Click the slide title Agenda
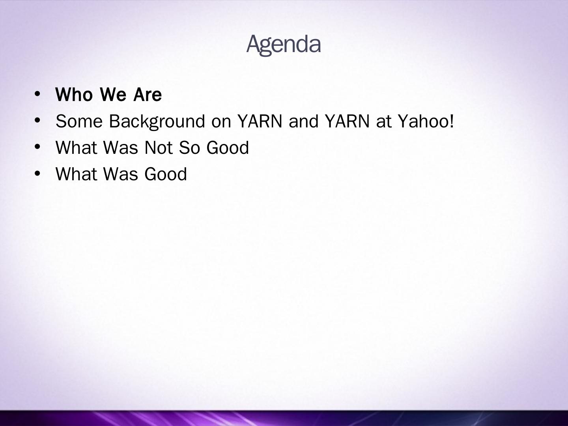point(284,45)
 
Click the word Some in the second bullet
point(79,121)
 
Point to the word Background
point(157,122)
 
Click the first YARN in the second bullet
point(260,121)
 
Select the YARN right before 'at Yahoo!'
point(347,121)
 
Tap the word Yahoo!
point(426,121)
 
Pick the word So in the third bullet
point(189,148)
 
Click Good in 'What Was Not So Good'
point(228,148)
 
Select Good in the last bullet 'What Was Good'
point(165,174)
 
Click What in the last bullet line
point(77,174)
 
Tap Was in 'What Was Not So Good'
point(121,148)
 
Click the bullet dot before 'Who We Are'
point(37,94)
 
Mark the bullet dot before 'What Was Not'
point(37,147)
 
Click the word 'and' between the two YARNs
point(303,121)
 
